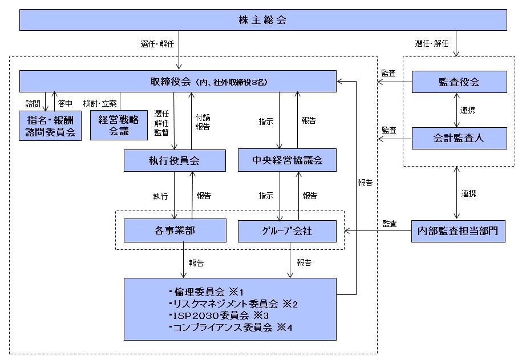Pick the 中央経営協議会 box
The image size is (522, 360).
[286, 161]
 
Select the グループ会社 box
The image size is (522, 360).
[286, 230]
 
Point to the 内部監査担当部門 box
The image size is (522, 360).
[458, 231]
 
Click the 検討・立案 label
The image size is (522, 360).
[100, 103]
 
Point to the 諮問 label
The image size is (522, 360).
[33, 103]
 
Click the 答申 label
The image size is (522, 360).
[64, 103]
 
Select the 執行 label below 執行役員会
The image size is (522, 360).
[160, 196]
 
